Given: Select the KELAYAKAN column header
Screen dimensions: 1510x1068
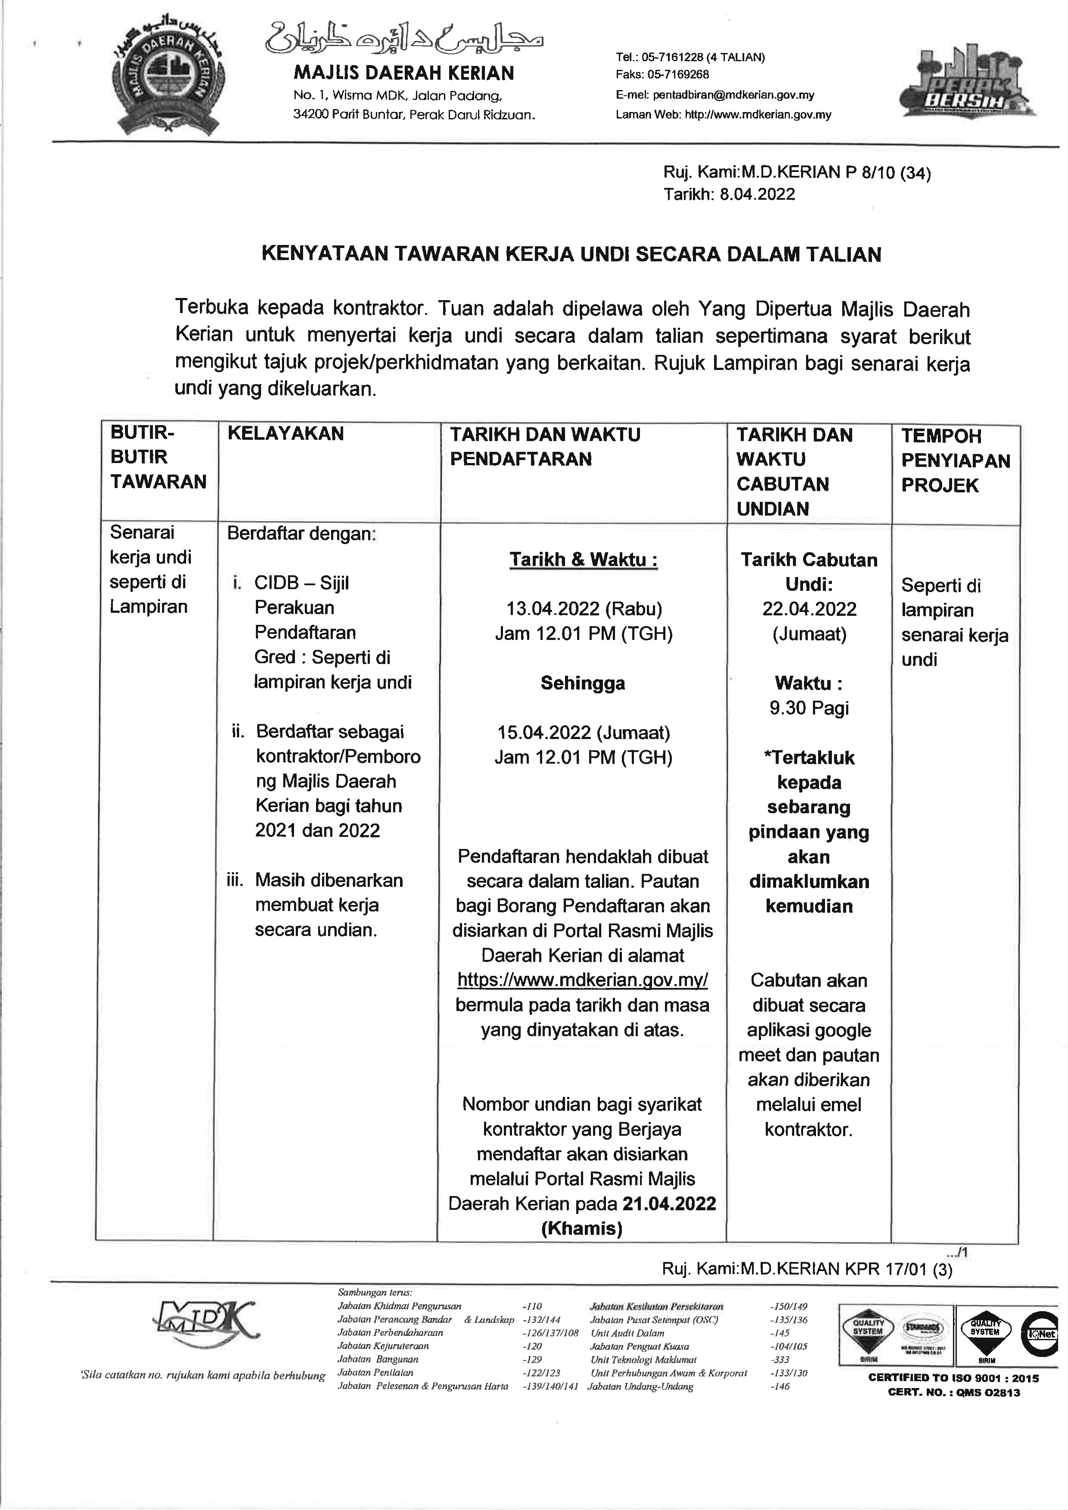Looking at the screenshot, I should click(x=285, y=433).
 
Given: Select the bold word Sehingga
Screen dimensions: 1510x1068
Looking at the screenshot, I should click(x=583, y=683).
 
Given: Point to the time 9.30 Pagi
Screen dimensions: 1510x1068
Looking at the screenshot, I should click(x=809, y=708).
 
